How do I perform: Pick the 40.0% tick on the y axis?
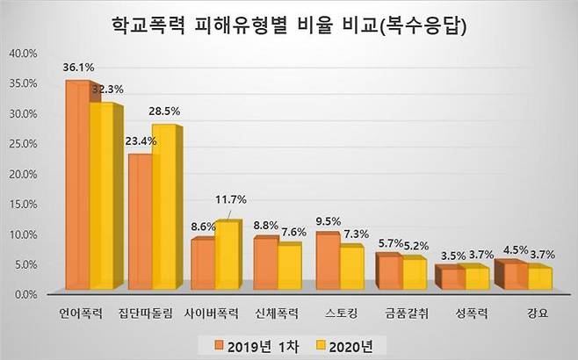tap(22, 54)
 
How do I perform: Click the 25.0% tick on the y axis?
tap(22, 144)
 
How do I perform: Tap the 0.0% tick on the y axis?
tap(24, 295)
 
